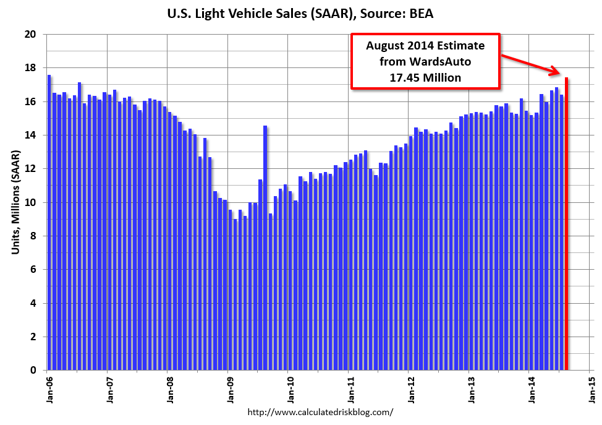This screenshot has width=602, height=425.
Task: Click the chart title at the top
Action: pyautogui.click(x=300, y=13)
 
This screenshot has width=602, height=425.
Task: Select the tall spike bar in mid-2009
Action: pyautogui.click(x=265, y=247)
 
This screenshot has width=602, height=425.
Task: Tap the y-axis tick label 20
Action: pyautogui.click(x=29, y=34)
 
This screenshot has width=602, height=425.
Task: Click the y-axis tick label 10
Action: pyautogui.click(x=29, y=202)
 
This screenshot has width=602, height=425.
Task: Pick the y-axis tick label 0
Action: pyautogui.click(x=32, y=370)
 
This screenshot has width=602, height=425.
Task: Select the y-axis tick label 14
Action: pyautogui.click(x=29, y=135)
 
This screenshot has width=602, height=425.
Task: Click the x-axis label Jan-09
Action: pyautogui.click(x=229, y=389)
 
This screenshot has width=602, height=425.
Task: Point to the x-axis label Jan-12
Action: pyautogui.click(x=410, y=389)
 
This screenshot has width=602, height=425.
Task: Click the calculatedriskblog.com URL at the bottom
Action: pyautogui.click(x=320, y=411)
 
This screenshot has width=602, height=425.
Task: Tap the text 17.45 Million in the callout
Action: pyautogui.click(x=425, y=78)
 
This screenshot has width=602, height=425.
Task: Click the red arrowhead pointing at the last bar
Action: pyautogui.click(x=556, y=73)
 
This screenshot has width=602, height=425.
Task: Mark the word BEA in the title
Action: pyautogui.click(x=420, y=13)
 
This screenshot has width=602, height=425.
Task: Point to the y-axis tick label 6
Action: pyautogui.click(x=32, y=270)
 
